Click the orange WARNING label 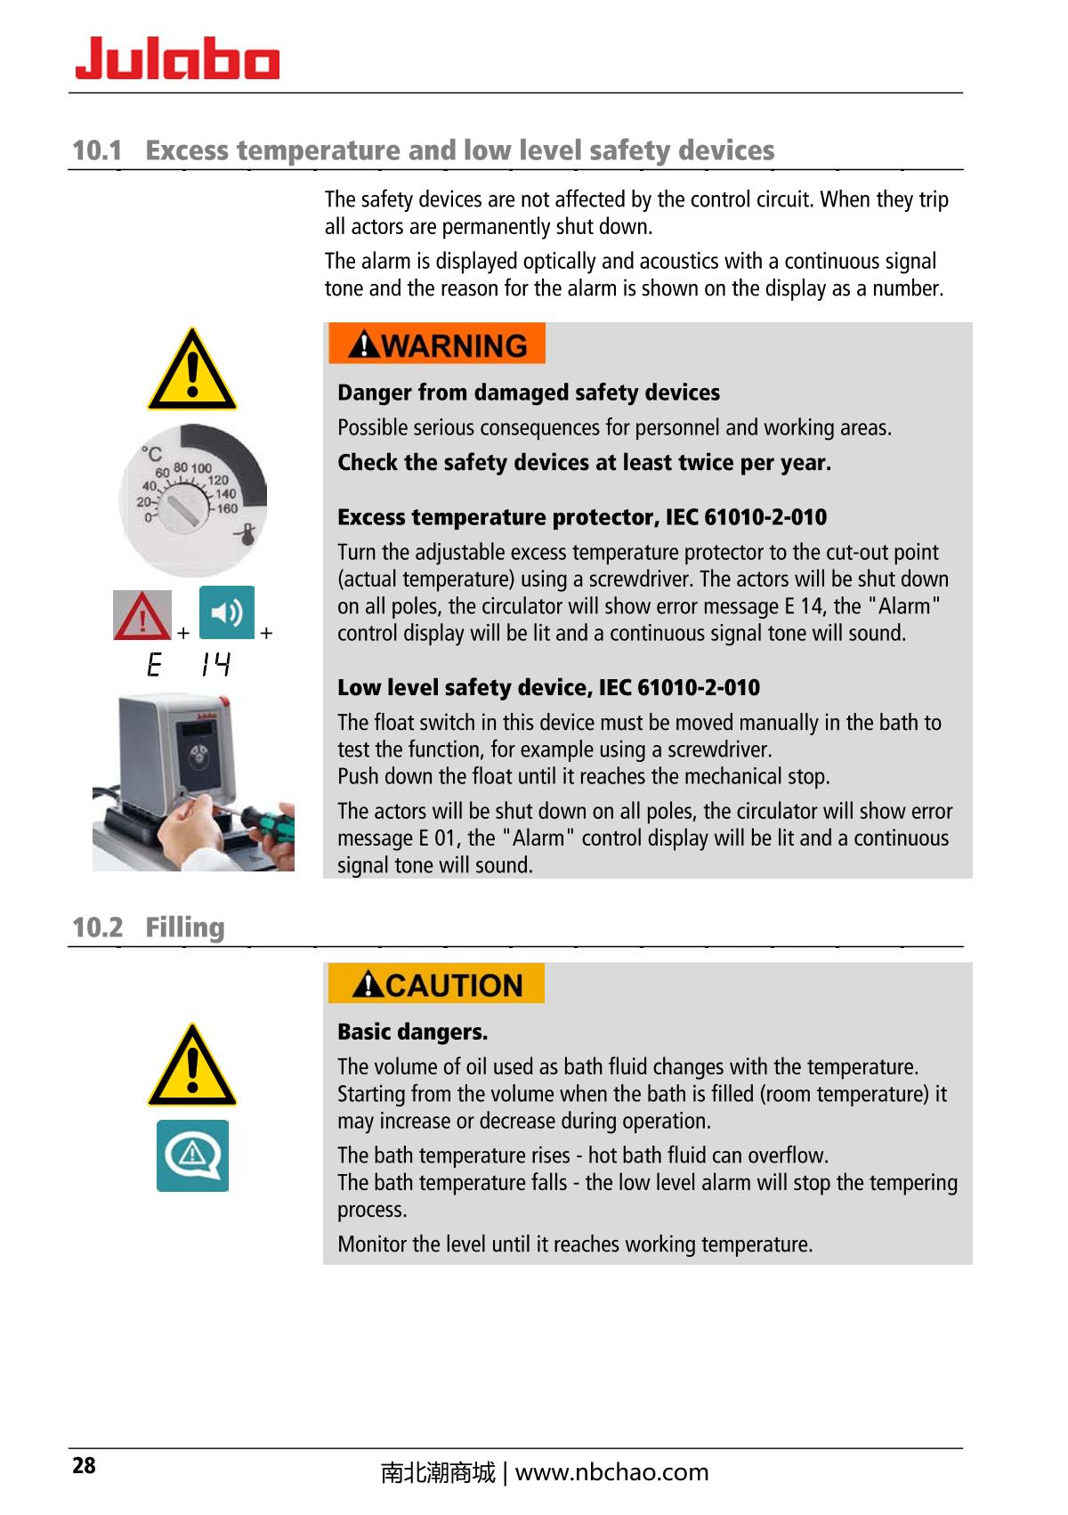[436, 344]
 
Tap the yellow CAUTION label [436, 984]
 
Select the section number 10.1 [96, 150]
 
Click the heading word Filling [185, 928]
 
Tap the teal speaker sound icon [227, 612]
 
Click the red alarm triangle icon [142, 615]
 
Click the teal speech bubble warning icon [192, 1155]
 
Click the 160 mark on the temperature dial [227, 508]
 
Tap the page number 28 [84, 1466]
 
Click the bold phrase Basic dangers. [412, 1033]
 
